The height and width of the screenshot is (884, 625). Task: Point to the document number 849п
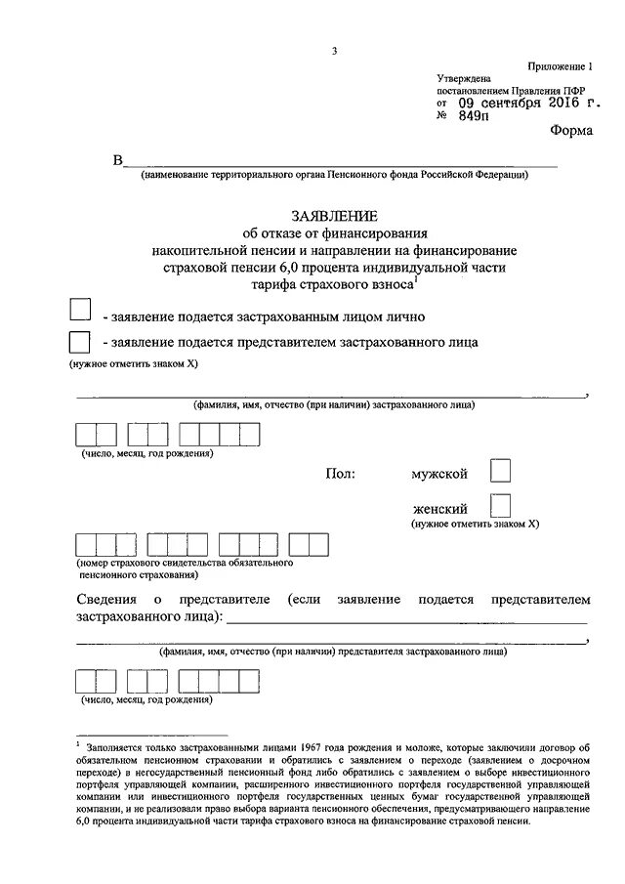(472, 116)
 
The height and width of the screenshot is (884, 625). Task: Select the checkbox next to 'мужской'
(499, 473)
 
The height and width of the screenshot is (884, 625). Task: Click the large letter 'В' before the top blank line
(118, 162)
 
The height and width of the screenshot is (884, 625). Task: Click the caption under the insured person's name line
(334, 403)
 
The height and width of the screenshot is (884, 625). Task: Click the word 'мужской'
(439, 474)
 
